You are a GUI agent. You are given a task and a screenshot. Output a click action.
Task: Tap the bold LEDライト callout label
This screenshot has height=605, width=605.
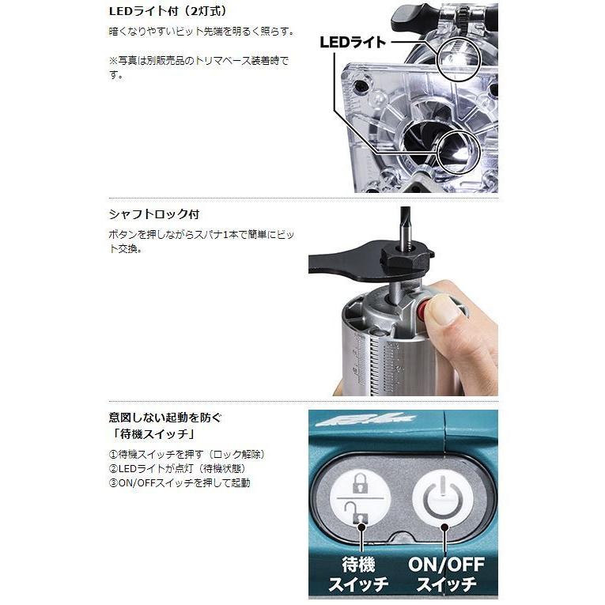[352, 41]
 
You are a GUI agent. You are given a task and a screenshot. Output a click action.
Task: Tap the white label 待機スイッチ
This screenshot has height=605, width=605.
[364, 576]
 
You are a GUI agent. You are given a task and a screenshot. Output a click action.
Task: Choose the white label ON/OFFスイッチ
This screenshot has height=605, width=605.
[444, 576]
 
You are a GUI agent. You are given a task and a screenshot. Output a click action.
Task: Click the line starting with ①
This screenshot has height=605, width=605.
[186, 455]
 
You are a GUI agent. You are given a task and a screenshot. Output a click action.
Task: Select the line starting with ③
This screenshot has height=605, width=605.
[179, 483]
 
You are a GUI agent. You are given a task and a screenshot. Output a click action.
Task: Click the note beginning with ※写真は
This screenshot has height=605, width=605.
[199, 67]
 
